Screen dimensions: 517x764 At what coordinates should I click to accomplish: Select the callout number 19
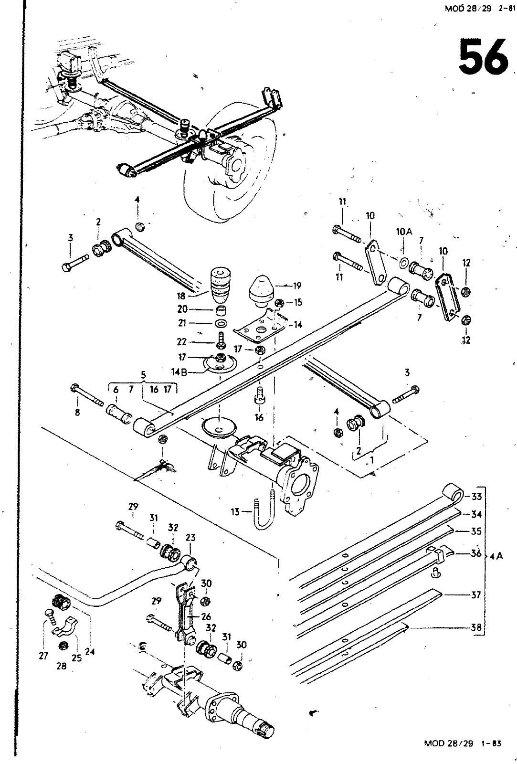coord(297,286)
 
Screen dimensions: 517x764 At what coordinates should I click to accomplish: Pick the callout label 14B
coord(179,372)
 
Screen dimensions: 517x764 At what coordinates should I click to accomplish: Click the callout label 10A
coord(404,232)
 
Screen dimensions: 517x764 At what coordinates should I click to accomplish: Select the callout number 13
coord(235,511)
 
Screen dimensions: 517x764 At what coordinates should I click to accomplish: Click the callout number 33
coord(476,496)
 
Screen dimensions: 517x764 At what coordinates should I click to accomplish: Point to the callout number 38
coord(476,627)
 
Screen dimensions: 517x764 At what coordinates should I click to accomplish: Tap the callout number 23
coord(190,538)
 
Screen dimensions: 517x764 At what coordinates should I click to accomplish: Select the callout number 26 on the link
coord(206,616)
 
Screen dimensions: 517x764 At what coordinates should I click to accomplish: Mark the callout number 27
coord(43,655)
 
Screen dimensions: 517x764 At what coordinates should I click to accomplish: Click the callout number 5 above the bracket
coord(143,375)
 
